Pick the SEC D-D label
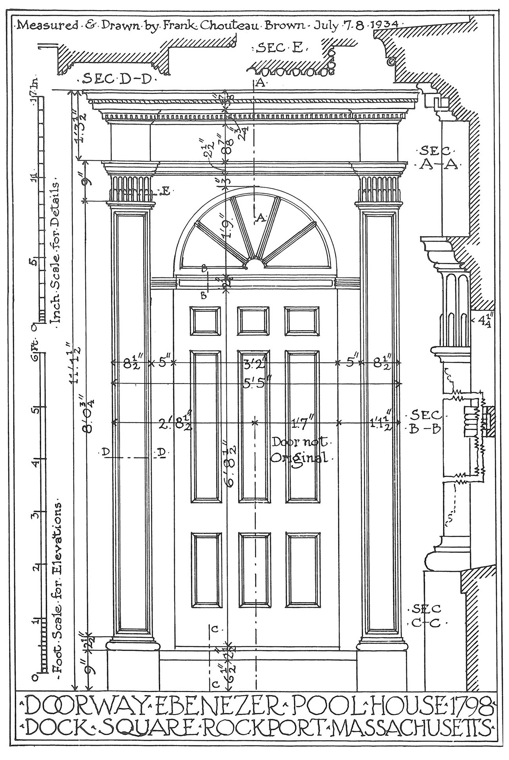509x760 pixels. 118,80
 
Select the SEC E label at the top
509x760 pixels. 280,49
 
